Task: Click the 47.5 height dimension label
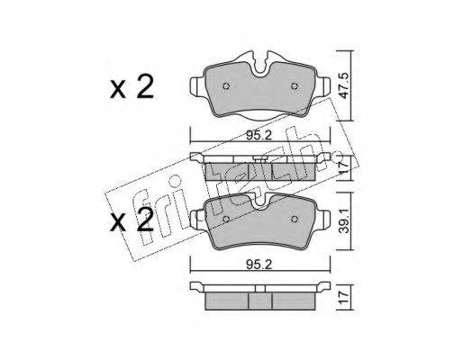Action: tap(344, 85)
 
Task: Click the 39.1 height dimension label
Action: tap(344, 221)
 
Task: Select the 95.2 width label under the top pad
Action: tap(259, 136)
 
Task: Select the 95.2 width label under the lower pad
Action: tap(259, 265)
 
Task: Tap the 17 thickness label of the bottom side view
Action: tap(344, 297)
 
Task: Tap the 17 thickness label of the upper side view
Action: tap(344, 167)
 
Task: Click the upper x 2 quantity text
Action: tap(132, 87)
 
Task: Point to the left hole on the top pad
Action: tap(226, 86)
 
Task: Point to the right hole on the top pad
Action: tap(295, 86)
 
